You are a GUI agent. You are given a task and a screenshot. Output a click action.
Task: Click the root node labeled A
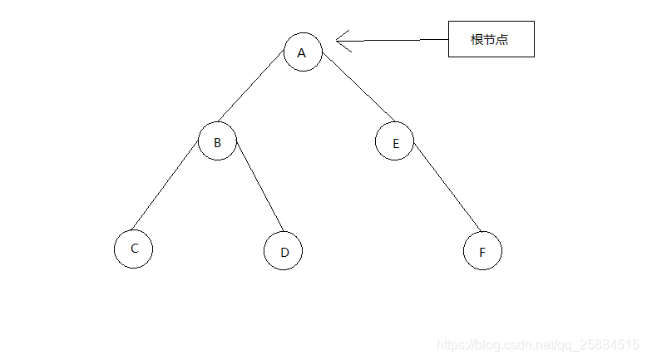coord(302,52)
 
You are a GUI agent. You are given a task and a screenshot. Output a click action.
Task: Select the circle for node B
coord(217,142)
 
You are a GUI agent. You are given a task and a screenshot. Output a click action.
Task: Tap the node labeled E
coord(395,142)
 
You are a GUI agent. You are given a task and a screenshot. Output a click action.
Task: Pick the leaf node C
coord(133,249)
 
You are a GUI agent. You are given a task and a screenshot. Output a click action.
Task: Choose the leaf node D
coord(283,251)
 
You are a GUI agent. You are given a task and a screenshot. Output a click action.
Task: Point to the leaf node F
coord(482,251)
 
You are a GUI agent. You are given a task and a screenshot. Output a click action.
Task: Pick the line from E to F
coord(447,188)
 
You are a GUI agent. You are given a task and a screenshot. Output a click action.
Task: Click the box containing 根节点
coord(491,39)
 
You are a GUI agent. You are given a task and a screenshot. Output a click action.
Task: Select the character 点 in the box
coord(502,39)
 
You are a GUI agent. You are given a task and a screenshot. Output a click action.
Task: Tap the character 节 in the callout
coord(490,39)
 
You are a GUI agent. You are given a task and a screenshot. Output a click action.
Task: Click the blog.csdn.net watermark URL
coord(537,343)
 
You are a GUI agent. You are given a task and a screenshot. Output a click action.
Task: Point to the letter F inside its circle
coord(482,252)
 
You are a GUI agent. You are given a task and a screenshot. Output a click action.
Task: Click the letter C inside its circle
coord(134,248)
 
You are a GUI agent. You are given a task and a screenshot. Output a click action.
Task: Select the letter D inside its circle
coord(284,252)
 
